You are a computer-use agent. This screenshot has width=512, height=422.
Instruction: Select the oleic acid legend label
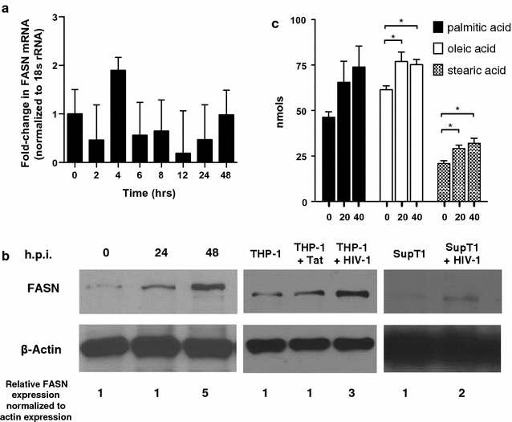tap(473, 49)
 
